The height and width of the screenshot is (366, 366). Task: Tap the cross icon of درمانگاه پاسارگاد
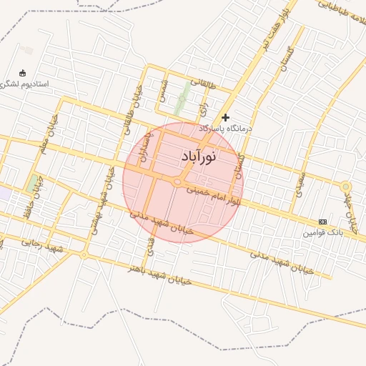tap(226, 117)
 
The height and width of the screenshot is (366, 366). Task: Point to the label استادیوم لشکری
tap(24, 84)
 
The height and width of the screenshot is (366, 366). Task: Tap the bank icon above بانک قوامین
tap(322, 222)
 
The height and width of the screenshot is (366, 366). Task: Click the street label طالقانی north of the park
tap(202, 84)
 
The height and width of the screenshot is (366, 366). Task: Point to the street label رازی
tap(203, 109)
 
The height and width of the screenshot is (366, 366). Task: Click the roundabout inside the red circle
tap(177, 183)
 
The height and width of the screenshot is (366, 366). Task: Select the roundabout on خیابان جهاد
tap(345, 187)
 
